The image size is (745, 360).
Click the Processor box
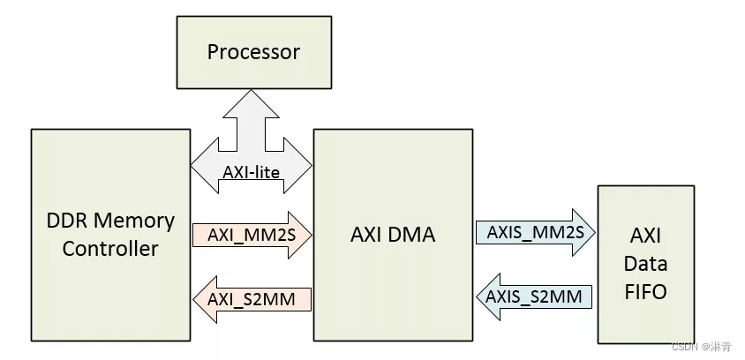point(252,52)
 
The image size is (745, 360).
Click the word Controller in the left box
point(110,249)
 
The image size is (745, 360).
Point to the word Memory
point(134,221)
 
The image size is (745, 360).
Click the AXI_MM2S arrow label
point(246,235)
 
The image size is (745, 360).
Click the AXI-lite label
point(252,172)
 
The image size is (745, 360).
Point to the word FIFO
point(647,291)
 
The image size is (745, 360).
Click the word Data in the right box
point(647,264)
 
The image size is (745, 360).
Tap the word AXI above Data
point(647,236)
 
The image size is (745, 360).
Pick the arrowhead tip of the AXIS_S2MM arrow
point(477,296)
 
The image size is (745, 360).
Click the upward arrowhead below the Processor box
point(252,91)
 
